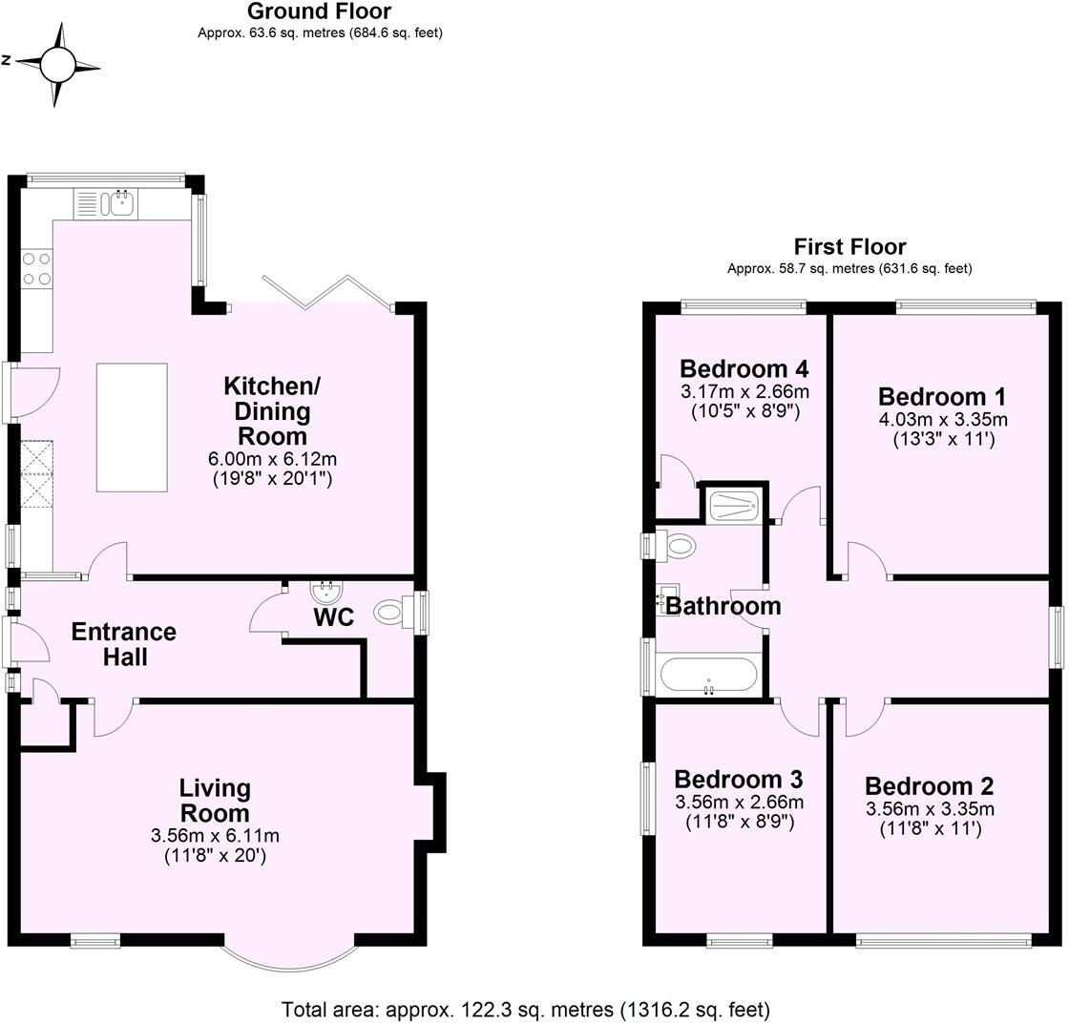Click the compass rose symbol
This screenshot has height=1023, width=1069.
[57, 64]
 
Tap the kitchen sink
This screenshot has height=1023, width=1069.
[120, 201]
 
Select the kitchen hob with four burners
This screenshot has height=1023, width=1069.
[35, 267]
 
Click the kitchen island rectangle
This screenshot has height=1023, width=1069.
[132, 427]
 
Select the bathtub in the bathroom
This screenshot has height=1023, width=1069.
[707, 675]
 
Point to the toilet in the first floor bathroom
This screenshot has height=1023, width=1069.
[679, 547]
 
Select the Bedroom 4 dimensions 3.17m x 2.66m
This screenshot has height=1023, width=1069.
[744, 391]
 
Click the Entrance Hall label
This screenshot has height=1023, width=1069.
[124, 644]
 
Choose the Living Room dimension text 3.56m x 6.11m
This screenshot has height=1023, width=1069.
[215, 836]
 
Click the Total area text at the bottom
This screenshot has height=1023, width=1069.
[525, 1009]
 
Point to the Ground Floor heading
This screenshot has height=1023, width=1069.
[319, 11]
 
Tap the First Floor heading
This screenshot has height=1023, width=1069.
[849, 247]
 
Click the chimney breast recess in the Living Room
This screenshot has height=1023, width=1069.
[430, 811]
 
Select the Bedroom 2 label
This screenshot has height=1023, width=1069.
[929, 786]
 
